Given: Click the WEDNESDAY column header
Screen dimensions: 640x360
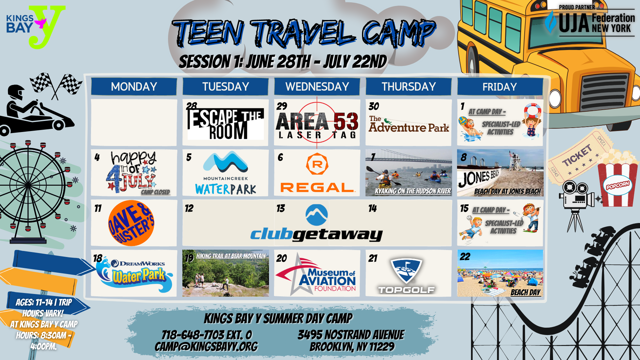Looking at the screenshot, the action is (317, 87).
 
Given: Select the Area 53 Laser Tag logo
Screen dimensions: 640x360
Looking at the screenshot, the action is (317, 124).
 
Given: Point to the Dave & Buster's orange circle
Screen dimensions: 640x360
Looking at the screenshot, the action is (131, 223).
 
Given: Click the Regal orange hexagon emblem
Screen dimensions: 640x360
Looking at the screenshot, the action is (317, 164).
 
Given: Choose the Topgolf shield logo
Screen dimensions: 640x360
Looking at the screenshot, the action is (406, 271).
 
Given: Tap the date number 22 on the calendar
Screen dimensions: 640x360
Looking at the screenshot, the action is (465, 257).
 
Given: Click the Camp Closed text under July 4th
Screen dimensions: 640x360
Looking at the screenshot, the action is (155, 192).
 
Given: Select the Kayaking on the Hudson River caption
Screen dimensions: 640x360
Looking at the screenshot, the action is (413, 191).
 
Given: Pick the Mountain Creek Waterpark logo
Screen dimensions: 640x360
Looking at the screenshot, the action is (226, 173).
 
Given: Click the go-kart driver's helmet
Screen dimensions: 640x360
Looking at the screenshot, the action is (16, 93).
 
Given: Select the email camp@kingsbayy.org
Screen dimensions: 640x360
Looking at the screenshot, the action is (206, 347).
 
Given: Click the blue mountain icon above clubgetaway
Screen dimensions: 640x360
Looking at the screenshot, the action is (317, 215).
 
